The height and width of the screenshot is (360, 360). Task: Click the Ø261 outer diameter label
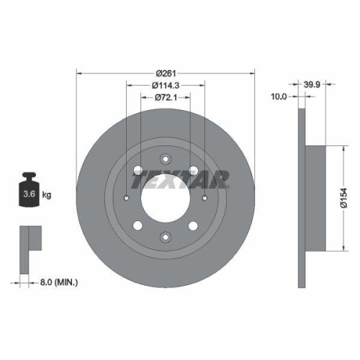[x=166, y=73]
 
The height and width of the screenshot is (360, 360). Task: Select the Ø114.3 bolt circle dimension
[x=166, y=86]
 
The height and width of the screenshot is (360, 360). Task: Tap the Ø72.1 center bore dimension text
[x=166, y=99]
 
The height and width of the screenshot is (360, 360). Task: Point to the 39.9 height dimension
[x=313, y=83]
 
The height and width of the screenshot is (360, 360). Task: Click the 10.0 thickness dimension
[x=278, y=96]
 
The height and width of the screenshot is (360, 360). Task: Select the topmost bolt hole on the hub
[x=166, y=160]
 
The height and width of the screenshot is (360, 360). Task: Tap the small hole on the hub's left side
[x=126, y=199]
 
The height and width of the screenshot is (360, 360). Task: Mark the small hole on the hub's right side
[x=205, y=199]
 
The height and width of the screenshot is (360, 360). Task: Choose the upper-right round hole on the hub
[x=194, y=170]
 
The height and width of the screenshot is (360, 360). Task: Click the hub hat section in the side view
[x=317, y=194]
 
